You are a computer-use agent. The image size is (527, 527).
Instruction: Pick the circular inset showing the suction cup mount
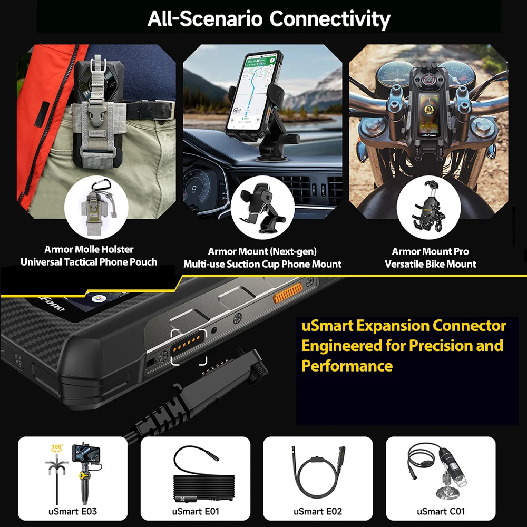tap(261, 207)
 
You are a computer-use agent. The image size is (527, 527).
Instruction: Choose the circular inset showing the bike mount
tap(428, 207)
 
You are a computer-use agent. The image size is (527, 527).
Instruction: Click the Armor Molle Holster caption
tap(89, 249)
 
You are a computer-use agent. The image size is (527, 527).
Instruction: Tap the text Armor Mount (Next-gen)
tap(262, 251)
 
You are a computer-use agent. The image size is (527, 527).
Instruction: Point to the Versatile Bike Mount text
tap(430, 264)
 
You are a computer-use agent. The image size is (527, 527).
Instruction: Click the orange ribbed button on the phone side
tap(287, 291)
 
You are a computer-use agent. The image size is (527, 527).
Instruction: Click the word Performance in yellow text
tap(347, 365)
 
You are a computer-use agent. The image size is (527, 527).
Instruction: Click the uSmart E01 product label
tap(195, 511)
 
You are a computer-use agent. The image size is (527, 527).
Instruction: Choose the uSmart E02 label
tap(318, 511)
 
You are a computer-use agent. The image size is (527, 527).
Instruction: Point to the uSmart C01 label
tap(441, 511)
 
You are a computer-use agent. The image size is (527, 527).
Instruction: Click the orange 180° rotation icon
tap(57, 448)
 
